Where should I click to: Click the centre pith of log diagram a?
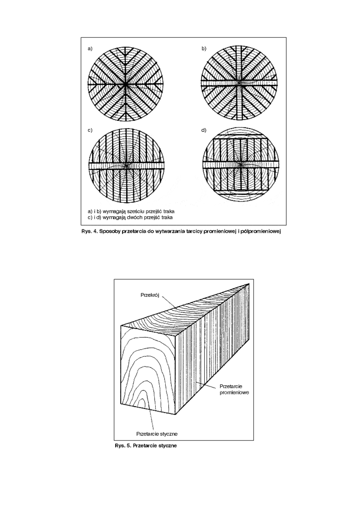pyautogui.click(x=127, y=84)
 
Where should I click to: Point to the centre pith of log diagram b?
pyautogui.click(x=240, y=83)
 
